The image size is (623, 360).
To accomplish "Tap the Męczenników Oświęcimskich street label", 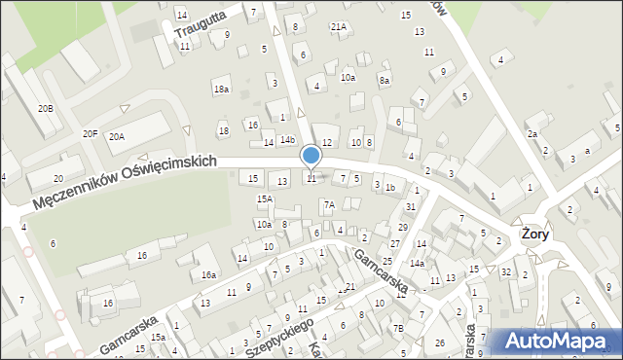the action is pyautogui.click(x=123, y=183).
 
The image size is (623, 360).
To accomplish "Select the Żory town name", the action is pyautogui.click(x=534, y=234).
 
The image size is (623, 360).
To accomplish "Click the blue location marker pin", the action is pyautogui.click(x=311, y=156).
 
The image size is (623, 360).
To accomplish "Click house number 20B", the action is pyautogui.click(x=45, y=108).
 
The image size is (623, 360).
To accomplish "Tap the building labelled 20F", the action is pyautogui.click(x=91, y=133).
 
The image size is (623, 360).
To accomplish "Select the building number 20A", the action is pyautogui.click(x=117, y=137).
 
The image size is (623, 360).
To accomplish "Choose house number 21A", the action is pyautogui.click(x=338, y=27).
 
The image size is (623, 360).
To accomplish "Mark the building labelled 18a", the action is pyautogui.click(x=221, y=89).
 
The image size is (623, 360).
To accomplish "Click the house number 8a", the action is pyautogui.click(x=385, y=80).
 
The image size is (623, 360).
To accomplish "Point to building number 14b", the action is pyautogui.click(x=287, y=140).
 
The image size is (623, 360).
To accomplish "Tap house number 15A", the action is pyautogui.click(x=264, y=198).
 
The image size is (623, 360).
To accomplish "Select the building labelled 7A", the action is pyautogui.click(x=329, y=204).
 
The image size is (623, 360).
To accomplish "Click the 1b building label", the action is pyautogui.click(x=389, y=187).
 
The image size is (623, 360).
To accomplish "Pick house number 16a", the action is pyautogui.click(x=208, y=275).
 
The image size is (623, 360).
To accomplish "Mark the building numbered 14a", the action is pyautogui.click(x=417, y=263).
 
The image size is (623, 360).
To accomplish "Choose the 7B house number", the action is pyautogui.click(x=398, y=329).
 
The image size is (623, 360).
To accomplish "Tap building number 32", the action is pyautogui.click(x=507, y=272).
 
